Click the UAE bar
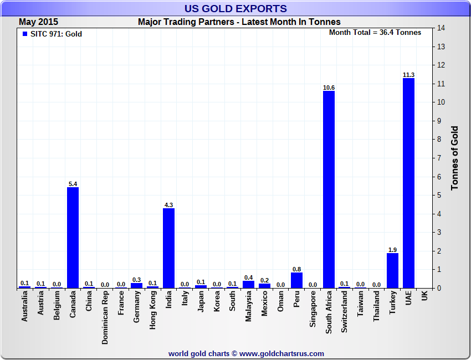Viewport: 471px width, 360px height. [x=408, y=183]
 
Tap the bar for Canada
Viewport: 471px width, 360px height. [x=73, y=238]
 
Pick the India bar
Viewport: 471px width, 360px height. [x=168, y=248]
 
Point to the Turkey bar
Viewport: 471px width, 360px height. [x=392, y=270]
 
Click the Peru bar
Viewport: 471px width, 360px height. [x=296, y=280]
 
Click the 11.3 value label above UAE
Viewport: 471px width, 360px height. [x=408, y=75]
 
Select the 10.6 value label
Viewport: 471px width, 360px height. [x=329, y=88]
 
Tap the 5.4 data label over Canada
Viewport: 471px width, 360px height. [x=73, y=184]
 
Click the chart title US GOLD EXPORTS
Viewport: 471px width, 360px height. [x=235, y=8]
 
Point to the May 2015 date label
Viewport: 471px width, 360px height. [x=38, y=22]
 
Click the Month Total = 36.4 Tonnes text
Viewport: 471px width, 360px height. [x=375, y=32]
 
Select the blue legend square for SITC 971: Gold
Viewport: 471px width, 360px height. [x=24, y=34]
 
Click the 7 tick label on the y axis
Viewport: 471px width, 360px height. [x=439, y=158]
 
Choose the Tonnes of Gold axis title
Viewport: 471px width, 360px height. [x=454, y=158]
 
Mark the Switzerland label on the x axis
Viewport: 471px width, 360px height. [x=345, y=312]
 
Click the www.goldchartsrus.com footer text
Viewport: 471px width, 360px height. [x=246, y=353]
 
